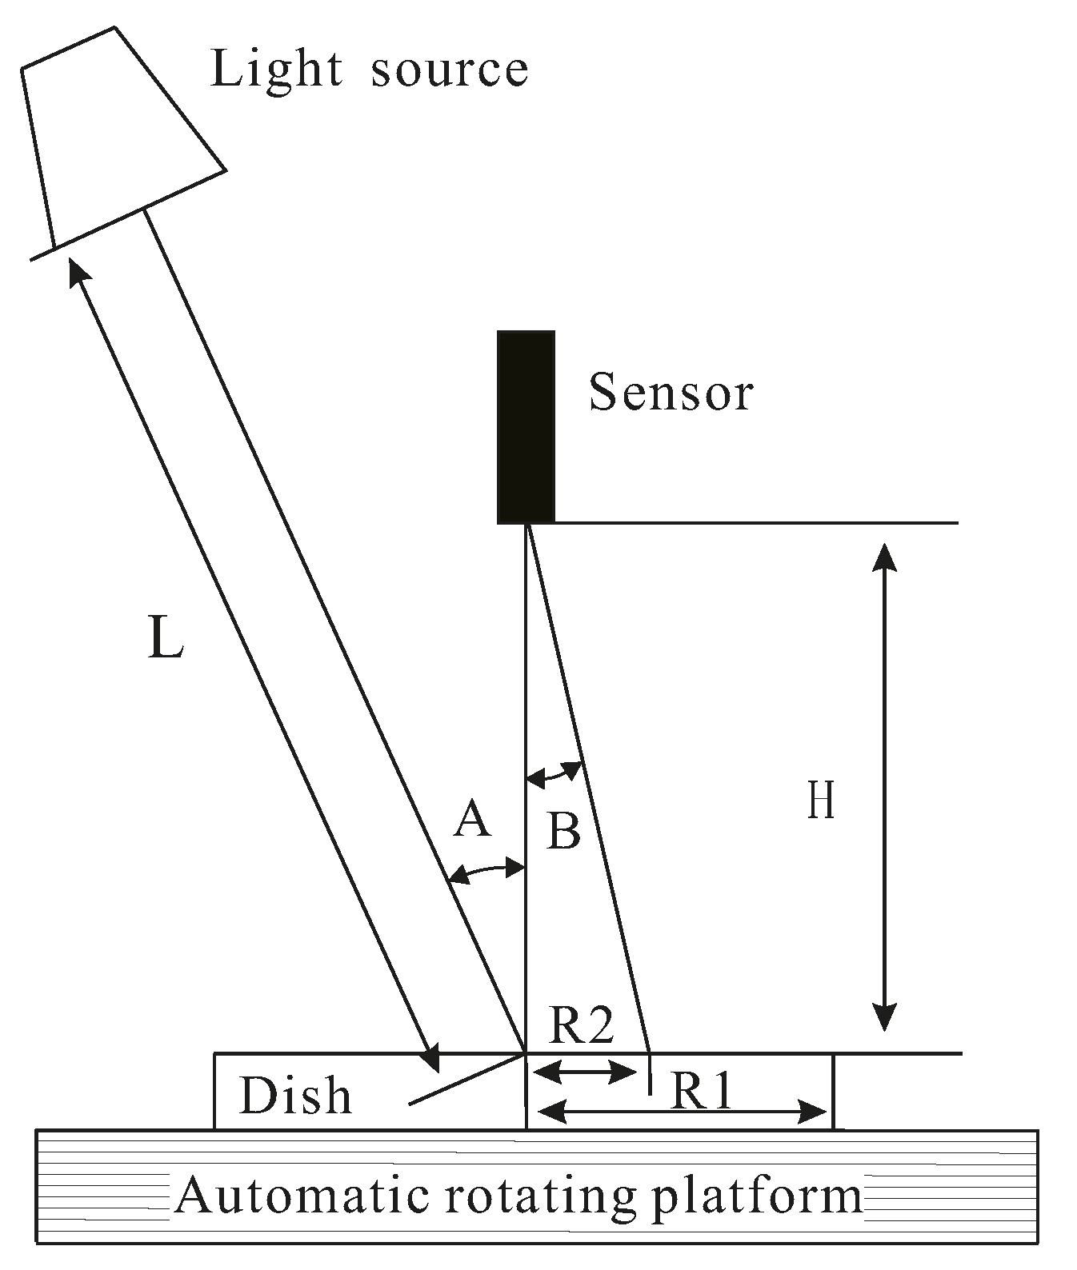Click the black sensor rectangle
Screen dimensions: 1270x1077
point(526,426)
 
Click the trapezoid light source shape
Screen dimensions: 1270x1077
point(120,136)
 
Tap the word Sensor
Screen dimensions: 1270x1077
point(671,393)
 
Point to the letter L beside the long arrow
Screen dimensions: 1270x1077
point(166,639)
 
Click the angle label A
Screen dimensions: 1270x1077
point(472,820)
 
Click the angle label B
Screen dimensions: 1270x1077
point(563,831)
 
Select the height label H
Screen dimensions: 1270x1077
point(821,801)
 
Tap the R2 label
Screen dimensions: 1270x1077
point(582,1024)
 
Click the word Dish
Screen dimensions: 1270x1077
point(295,1095)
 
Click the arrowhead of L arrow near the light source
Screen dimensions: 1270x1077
point(77,272)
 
